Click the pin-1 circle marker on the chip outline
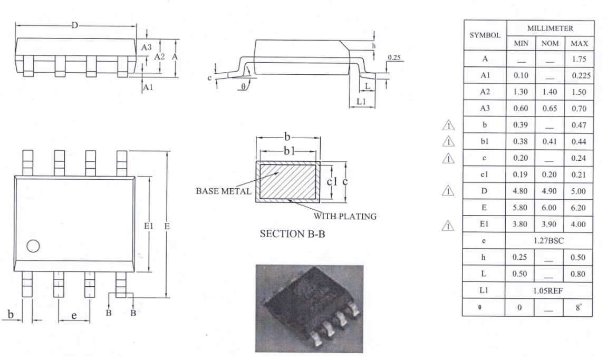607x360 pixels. [x=33, y=246]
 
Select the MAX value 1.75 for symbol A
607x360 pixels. [x=579, y=59]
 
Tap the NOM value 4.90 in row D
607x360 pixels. [x=549, y=191]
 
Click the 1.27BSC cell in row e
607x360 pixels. [x=548, y=241]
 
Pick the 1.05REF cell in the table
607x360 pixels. [x=548, y=291]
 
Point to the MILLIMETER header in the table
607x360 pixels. [x=550, y=28]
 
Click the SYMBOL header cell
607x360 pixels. [x=485, y=35]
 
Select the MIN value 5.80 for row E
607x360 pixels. [x=520, y=208]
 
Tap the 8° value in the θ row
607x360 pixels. [x=579, y=307]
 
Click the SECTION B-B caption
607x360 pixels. [x=292, y=234]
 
